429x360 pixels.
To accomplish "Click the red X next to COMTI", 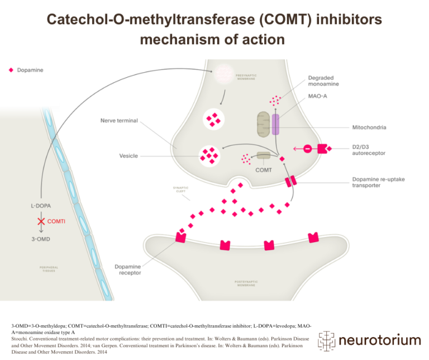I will [x=41, y=222].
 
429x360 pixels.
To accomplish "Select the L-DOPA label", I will [x=41, y=206].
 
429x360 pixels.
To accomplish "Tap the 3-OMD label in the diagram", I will [x=41, y=239].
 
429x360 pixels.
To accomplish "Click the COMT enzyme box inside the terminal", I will [x=263, y=156].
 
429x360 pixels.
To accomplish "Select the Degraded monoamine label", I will [x=322, y=82].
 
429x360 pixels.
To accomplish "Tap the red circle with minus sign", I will [x=307, y=149].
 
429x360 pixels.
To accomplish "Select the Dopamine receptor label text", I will [x=128, y=269].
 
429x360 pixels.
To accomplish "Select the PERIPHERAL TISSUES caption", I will [x=49, y=269].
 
